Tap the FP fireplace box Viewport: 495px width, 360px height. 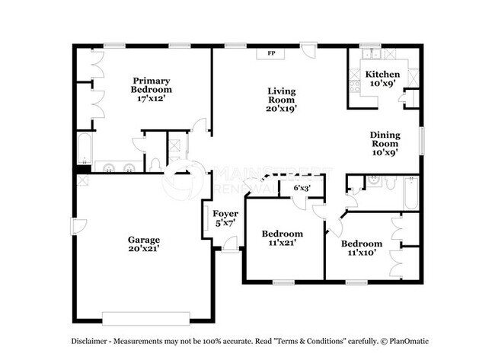pyautogui.click(x=272, y=53)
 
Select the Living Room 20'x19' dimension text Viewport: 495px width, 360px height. pyautogui.click(x=281, y=109)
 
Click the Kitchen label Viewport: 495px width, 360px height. pyautogui.click(x=382, y=74)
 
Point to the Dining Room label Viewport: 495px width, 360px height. pyautogui.click(x=385, y=139)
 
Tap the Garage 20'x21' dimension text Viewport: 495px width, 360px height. pyautogui.click(x=143, y=249)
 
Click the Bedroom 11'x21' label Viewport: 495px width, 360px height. pyautogui.click(x=282, y=234)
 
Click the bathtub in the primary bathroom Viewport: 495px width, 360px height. pyautogui.click(x=82, y=148)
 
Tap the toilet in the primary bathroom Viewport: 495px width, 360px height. pyautogui.click(x=155, y=165)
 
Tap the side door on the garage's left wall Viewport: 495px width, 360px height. pyautogui.click(x=75, y=227)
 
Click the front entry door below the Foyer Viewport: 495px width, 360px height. pyautogui.click(x=228, y=244)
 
